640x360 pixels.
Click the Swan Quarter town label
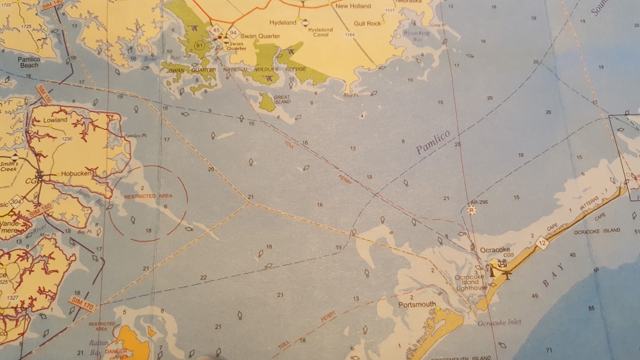pos(260,36)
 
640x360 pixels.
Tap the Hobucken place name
pos(76,174)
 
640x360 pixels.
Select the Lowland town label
pos(55,120)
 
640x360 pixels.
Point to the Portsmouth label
pos(417,304)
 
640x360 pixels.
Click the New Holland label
pos(353,6)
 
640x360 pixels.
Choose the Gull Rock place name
pos(367,24)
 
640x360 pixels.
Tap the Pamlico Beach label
pos(29,62)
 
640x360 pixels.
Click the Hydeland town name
pos(282,22)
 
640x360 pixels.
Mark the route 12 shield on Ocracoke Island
pos(542,243)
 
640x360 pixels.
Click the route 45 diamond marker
pos(216,30)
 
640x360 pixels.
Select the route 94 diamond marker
pos(233,33)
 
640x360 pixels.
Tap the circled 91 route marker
pos(199,45)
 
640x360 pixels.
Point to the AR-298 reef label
pos(479,202)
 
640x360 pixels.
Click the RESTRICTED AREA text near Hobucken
pos(148,196)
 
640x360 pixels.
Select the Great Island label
pos(282,99)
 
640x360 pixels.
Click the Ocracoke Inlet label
pos(499,322)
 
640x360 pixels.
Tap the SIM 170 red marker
pos(82,304)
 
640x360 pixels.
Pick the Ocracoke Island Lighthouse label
pos(471,282)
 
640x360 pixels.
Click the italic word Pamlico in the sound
pos(433,142)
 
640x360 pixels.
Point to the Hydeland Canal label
pos(320,32)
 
